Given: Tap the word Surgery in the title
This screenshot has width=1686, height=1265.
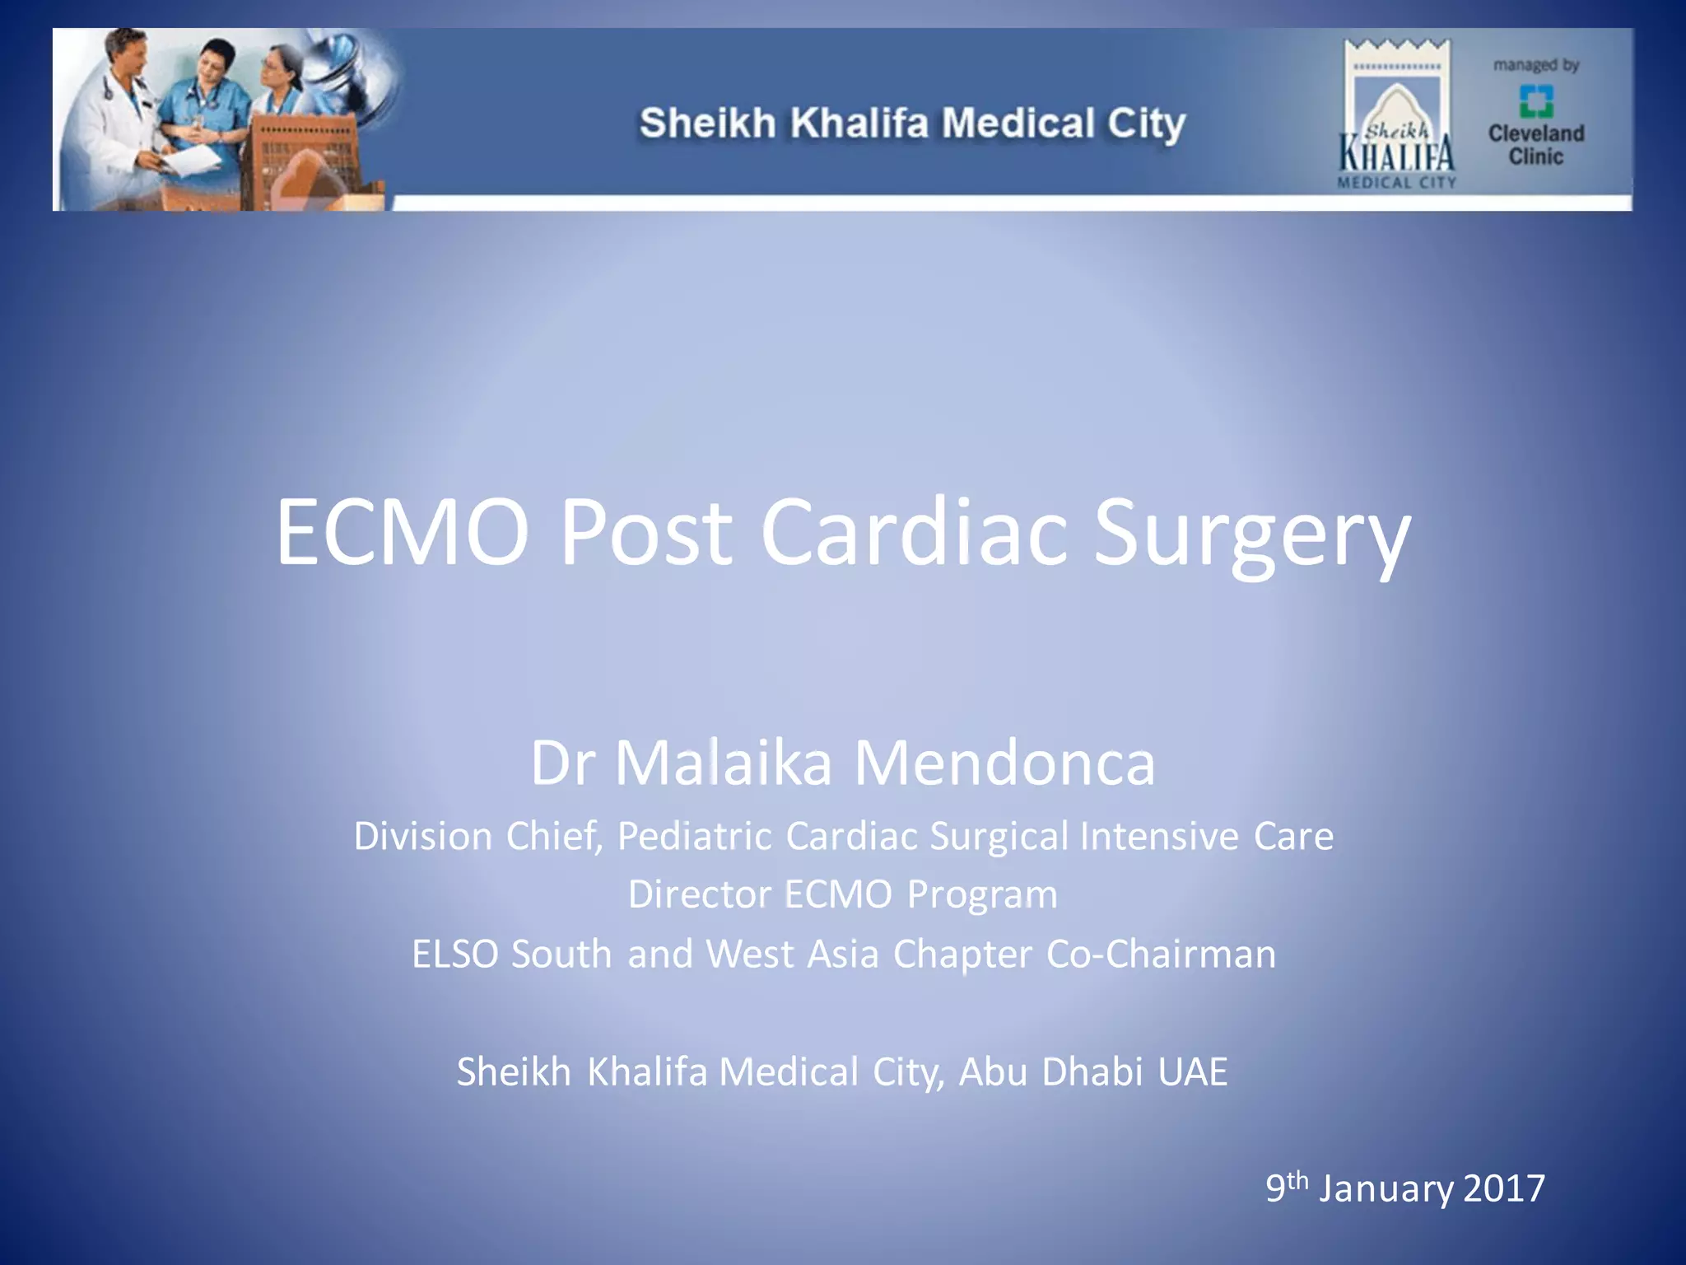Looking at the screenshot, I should pyautogui.click(x=1251, y=535).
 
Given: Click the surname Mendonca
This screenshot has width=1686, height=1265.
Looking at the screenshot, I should pyautogui.click(x=1004, y=763).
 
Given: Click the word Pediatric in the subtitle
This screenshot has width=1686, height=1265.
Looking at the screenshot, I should pyautogui.click(x=695, y=836).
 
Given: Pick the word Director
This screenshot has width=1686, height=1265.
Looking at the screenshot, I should pyautogui.click(x=699, y=894).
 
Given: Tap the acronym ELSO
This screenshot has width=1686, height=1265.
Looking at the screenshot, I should pyautogui.click(x=454, y=955).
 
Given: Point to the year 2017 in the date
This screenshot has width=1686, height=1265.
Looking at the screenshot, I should pyautogui.click(x=1504, y=1188).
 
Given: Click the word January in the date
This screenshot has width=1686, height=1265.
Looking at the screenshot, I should pyautogui.click(x=1386, y=1188).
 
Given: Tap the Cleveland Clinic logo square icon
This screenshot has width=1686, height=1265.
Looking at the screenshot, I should pyautogui.click(x=1535, y=101).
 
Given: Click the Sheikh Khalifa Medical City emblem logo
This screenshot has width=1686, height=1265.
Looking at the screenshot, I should pyautogui.click(x=1397, y=115).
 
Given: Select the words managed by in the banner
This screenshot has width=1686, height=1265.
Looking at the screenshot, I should pyautogui.click(x=1536, y=65).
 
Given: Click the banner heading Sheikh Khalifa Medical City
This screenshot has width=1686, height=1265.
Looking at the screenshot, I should pyautogui.click(x=912, y=124).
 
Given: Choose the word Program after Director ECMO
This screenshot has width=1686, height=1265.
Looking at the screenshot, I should pyautogui.click(x=982, y=894).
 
